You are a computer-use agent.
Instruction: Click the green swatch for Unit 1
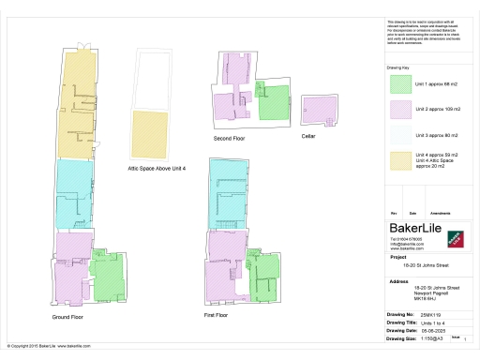(x=400, y=85)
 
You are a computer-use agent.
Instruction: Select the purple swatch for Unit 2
(x=400, y=111)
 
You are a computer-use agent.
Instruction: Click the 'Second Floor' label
(x=229, y=138)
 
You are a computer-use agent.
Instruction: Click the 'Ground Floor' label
(x=68, y=317)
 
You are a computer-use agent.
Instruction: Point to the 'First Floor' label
(x=217, y=316)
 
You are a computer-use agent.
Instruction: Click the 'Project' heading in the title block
(x=397, y=255)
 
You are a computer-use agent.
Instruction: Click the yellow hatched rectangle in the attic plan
(x=151, y=135)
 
